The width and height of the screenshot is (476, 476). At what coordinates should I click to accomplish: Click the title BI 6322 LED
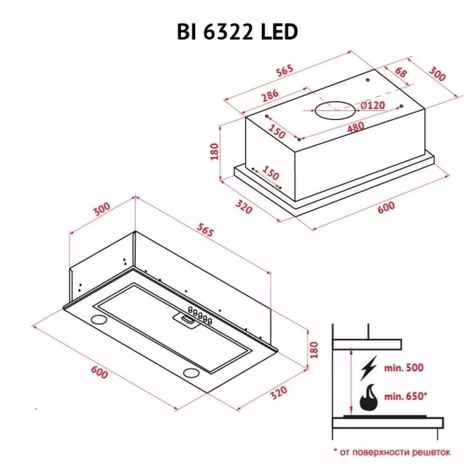coord(237,33)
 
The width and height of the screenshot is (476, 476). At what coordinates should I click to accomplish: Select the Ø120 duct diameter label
coord(372,106)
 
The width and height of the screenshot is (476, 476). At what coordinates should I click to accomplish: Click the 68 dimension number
coord(401,72)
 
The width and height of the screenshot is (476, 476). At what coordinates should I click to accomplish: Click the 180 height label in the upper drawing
coord(214,152)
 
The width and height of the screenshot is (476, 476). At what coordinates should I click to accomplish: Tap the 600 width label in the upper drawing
coord(385,206)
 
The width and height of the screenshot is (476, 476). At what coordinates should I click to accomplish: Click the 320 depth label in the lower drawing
coord(278,393)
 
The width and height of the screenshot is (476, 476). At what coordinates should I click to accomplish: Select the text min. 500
coord(403,368)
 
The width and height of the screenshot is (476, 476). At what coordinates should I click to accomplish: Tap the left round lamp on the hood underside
coord(99,319)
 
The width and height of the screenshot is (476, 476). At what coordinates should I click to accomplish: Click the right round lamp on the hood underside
coord(191,372)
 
